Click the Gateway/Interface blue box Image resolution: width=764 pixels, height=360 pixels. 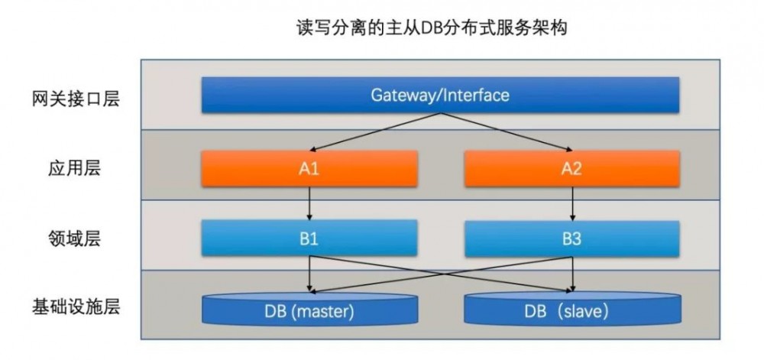tap(440, 96)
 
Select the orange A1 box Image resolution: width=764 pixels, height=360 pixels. tap(309, 169)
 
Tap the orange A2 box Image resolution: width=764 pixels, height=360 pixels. tap(572, 169)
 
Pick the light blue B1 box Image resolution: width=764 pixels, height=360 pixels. tap(309, 238)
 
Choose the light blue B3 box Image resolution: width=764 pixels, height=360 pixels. tap(572, 238)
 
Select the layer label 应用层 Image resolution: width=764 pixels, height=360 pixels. tap(69, 169)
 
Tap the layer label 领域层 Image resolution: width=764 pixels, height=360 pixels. tap(69, 239)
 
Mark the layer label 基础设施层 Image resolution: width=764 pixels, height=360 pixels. tap(76, 308)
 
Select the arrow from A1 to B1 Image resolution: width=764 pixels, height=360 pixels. tap(309, 203)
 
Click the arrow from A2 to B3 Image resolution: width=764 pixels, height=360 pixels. tap(572, 203)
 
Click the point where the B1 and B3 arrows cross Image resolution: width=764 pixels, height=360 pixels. tap(440, 274)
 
